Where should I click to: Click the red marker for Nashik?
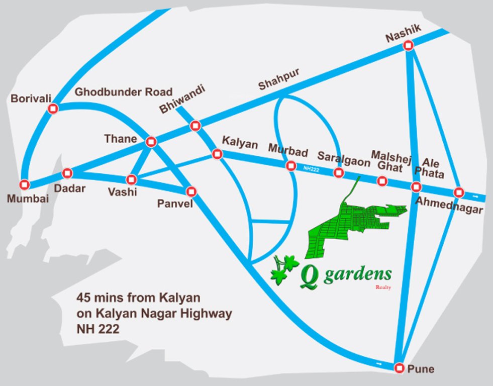click(x=408, y=46)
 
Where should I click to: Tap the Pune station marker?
click(x=399, y=367)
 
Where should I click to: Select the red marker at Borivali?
click(x=53, y=109)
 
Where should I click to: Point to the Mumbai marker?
click(x=25, y=184)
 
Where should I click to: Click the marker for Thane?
click(x=150, y=142)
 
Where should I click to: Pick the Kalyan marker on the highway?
click(x=217, y=154)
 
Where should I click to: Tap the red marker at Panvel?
click(x=191, y=191)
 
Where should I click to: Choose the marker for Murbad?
click(x=290, y=166)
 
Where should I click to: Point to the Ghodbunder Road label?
click(x=123, y=92)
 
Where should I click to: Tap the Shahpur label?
click(x=278, y=79)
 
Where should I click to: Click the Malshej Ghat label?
click(x=390, y=160)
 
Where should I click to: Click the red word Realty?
click(x=383, y=287)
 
